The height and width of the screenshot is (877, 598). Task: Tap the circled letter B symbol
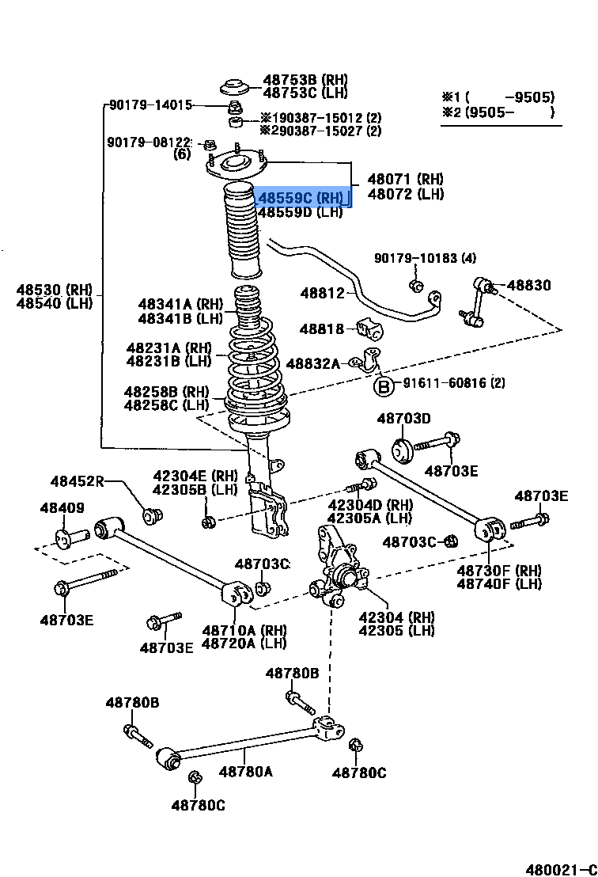pyautogui.click(x=384, y=386)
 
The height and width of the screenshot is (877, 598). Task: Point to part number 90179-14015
pyautogui.click(x=150, y=104)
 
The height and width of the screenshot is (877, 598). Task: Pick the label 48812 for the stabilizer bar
pyautogui.click(x=322, y=294)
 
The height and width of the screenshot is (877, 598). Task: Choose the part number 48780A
pyautogui.click(x=245, y=771)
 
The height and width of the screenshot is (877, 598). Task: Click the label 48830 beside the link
pyautogui.click(x=528, y=285)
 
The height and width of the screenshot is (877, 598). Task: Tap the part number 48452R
pyautogui.click(x=77, y=481)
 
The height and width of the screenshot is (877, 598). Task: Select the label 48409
pyautogui.click(x=62, y=508)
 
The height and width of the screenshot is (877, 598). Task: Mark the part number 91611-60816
pyautogui.click(x=444, y=383)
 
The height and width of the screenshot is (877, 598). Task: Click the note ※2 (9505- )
pyautogui.click(x=498, y=112)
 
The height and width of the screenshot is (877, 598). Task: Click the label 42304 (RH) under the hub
pyautogui.click(x=396, y=617)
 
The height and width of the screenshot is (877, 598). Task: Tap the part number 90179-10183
pyautogui.click(x=425, y=258)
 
